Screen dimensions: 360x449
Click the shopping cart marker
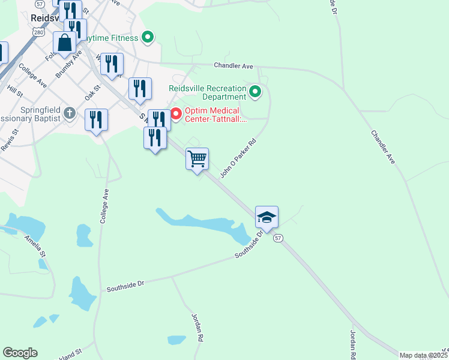(x=197, y=159)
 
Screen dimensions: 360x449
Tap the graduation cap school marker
(x=267, y=217)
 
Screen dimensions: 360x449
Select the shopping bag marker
(x=64, y=43)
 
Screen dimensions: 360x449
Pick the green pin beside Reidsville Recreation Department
(x=255, y=92)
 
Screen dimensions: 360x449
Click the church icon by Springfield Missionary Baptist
(x=70, y=112)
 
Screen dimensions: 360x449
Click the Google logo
(x=20, y=353)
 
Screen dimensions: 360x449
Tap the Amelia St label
(x=35, y=247)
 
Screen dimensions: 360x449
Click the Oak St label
(x=92, y=92)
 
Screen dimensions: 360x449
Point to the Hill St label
(x=14, y=92)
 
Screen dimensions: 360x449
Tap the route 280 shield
(x=39, y=32)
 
